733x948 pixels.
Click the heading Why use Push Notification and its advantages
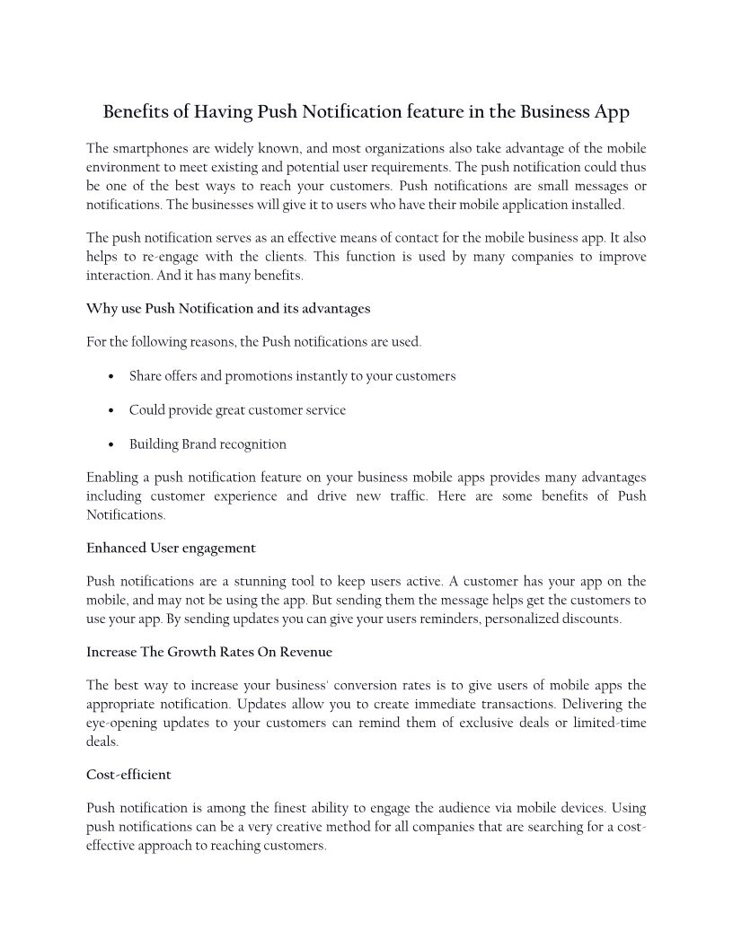coord(228,308)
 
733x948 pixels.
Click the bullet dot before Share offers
coord(110,377)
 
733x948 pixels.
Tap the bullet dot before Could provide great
coord(110,411)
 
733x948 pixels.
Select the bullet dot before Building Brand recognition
coord(110,445)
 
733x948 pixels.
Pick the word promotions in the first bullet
coord(261,376)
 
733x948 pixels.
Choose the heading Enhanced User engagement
coord(171,548)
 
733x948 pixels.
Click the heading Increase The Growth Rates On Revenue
coord(209,652)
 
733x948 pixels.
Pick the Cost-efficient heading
coord(128,774)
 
